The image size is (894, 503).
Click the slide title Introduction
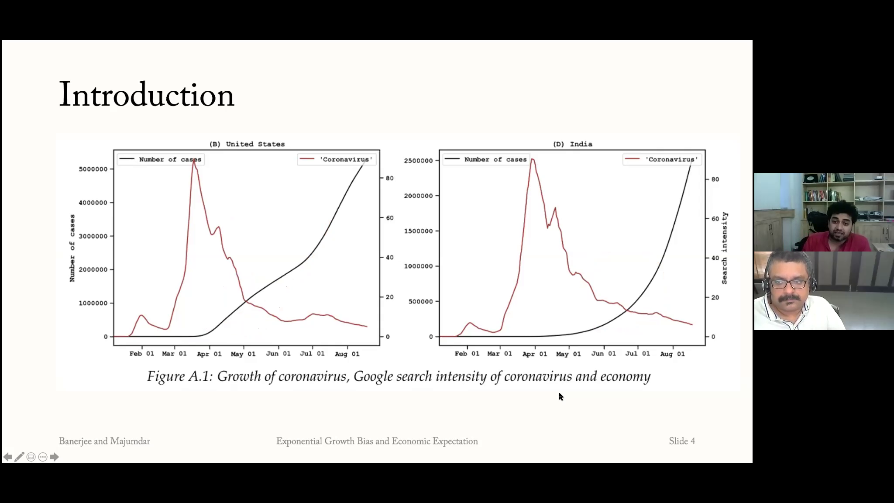point(147,95)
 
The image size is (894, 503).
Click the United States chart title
point(247,144)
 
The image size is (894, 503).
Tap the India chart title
point(572,144)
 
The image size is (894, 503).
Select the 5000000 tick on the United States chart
point(93,169)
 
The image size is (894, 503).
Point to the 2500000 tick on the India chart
point(418,161)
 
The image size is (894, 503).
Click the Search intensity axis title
point(725,248)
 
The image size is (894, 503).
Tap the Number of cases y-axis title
point(72,248)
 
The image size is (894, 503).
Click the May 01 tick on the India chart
point(568,354)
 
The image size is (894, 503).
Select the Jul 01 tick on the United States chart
point(313,354)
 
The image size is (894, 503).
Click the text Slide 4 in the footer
point(682,441)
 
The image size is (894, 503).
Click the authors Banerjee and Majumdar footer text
point(104,441)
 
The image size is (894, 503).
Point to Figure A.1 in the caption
point(179,376)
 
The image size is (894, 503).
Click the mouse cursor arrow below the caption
point(560,396)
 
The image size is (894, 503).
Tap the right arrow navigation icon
point(55,457)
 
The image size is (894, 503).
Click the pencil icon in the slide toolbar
point(19,457)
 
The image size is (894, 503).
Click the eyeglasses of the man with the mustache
point(789,283)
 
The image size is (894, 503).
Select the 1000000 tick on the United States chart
point(93,303)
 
